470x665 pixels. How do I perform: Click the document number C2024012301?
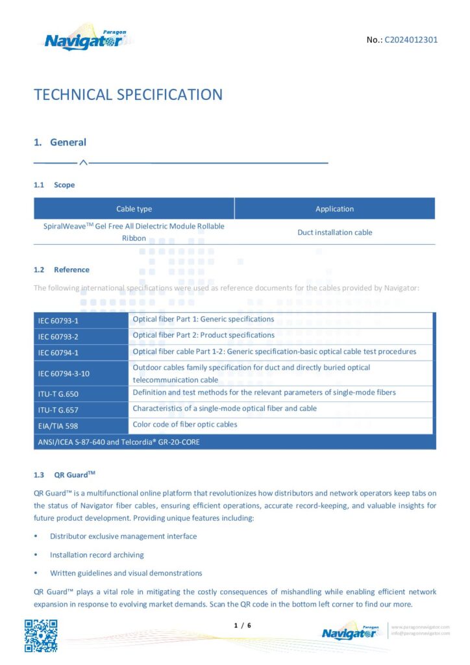(x=411, y=40)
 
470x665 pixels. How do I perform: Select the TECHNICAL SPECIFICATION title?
(x=128, y=95)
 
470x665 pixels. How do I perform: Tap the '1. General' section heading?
(x=60, y=142)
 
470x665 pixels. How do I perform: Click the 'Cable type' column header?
(x=134, y=209)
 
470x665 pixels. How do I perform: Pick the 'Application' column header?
(x=334, y=209)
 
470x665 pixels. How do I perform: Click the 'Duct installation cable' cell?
(x=334, y=232)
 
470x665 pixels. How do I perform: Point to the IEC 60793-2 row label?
(x=58, y=336)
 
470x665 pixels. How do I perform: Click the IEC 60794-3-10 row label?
(x=64, y=373)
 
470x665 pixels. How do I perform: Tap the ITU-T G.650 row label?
(x=58, y=394)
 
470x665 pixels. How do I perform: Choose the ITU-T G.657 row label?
(x=58, y=410)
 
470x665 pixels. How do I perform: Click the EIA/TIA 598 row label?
(x=57, y=426)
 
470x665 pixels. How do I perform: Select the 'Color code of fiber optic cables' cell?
(x=185, y=425)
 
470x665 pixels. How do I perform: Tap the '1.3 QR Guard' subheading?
(x=65, y=475)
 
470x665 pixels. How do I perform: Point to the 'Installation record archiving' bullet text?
(x=97, y=555)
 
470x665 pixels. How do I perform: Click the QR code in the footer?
(x=41, y=636)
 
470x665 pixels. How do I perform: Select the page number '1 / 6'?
(x=241, y=625)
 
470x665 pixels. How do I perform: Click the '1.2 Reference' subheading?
(x=62, y=270)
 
